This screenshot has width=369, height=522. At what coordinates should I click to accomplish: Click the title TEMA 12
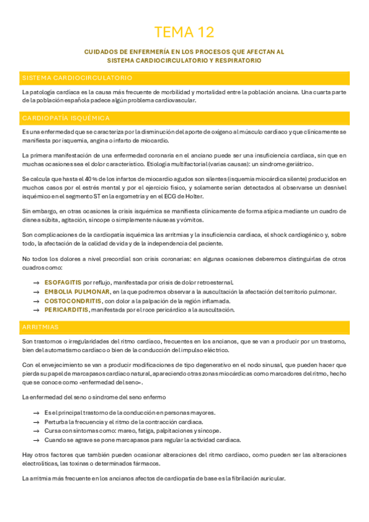click(184, 32)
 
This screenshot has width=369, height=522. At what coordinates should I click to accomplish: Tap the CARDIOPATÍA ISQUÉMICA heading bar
click(66, 118)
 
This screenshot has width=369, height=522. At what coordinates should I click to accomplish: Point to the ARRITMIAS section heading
click(41, 326)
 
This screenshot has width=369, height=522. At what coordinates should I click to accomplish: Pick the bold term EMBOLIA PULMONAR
click(78, 291)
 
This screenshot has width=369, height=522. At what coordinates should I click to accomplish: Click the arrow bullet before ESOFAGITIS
click(36, 281)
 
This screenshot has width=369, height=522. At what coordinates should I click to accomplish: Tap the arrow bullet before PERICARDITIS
click(36, 310)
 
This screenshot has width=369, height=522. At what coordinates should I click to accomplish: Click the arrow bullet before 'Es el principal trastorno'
click(36, 412)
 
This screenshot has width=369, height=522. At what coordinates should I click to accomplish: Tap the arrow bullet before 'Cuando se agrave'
click(36, 440)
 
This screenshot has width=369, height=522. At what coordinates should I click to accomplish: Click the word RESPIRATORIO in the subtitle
click(238, 61)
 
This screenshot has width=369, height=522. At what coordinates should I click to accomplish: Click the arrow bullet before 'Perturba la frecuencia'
click(36, 422)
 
